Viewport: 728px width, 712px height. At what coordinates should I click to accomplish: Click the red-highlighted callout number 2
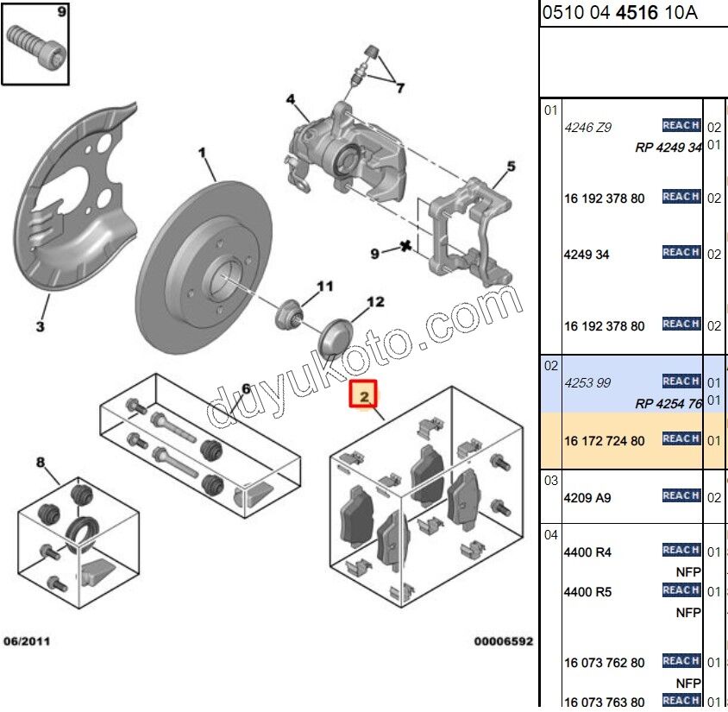click(x=363, y=396)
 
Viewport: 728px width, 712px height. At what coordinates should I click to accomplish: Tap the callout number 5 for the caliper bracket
click(x=510, y=167)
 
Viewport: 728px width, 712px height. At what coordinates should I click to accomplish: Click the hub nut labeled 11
click(x=290, y=314)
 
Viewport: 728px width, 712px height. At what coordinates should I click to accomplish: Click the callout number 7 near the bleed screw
click(x=399, y=86)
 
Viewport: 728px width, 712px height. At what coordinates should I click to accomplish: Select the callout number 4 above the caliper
click(x=292, y=99)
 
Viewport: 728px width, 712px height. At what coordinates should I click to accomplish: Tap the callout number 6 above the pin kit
click(x=245, y=389)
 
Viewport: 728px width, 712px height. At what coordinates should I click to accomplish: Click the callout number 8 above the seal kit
click(x=40, y=463)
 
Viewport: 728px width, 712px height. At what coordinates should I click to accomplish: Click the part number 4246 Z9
click(x=587, y=128)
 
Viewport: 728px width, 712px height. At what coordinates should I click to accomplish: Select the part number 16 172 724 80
click(x=604, y=441)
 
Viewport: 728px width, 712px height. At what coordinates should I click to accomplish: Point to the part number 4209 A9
click(x=587, y=498)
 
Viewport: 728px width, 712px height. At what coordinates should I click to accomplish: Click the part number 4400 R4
click(x=587, y=552)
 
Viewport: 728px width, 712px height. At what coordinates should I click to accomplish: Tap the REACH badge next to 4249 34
click(x=681, y=252)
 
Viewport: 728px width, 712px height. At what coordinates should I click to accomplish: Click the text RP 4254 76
click(x=668, y=403)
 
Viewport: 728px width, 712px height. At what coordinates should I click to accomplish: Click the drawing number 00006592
click(x=502, y=641)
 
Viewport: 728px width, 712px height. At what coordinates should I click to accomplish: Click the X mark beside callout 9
click(x=405, y=248)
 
